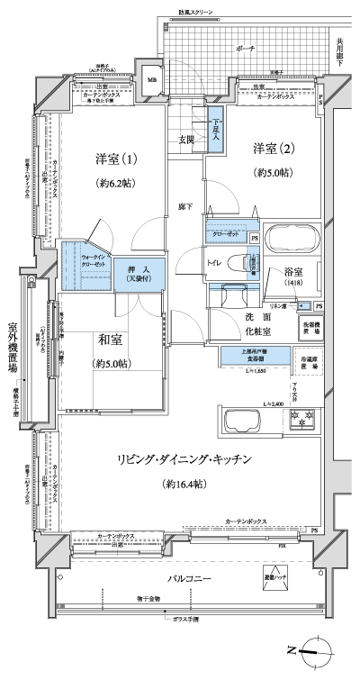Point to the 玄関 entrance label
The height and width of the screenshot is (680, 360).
[186, 140]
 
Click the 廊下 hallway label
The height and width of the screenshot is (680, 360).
[183, 205]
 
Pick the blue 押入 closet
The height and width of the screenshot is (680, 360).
[138, 273]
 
